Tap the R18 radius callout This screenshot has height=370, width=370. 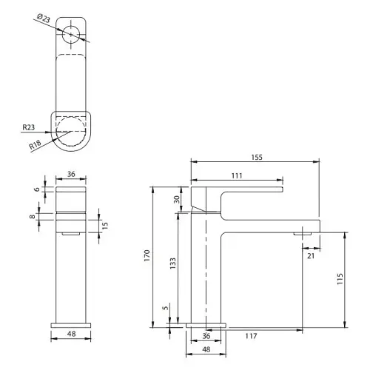35,144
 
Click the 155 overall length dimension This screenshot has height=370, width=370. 257,157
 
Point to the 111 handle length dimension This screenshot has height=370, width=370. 236,175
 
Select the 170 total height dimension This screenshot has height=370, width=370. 147,256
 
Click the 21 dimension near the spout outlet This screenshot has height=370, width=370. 311,256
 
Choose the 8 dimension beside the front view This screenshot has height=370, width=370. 33,217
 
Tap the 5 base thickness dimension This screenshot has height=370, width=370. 166,309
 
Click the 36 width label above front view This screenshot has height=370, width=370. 72,175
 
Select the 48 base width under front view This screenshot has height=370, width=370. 72,334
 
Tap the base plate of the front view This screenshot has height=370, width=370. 72,323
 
